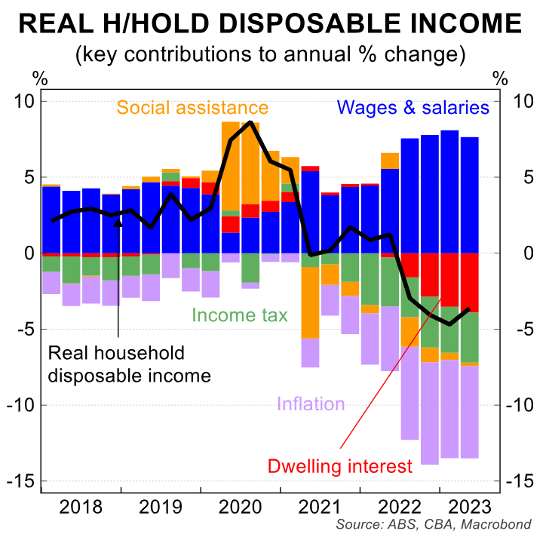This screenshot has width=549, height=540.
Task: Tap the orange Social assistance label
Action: point(192,107)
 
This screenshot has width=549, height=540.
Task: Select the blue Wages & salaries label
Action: point(413,107)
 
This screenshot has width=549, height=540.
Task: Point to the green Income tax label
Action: point(240,314)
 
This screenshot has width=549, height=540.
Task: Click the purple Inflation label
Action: point(311,403)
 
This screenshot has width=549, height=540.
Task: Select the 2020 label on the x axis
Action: point(239,505)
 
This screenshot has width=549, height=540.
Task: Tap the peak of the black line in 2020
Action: point(250,122)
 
